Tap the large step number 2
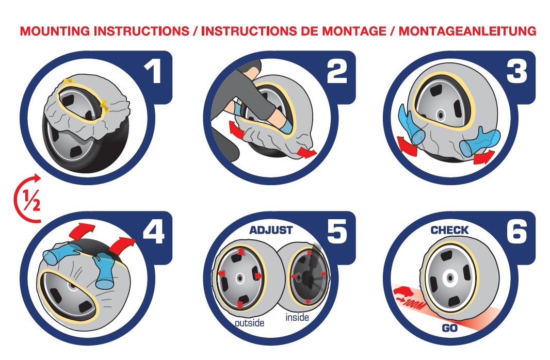coord(337,71)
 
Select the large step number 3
coord(517,71)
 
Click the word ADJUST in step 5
coord(271,230)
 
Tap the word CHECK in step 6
coord(449,230)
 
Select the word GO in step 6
coord(449,328)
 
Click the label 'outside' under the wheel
coord(249,322)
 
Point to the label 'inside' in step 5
coord(297,317)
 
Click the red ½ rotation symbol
coord(28,199)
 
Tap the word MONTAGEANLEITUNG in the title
coord(467,31)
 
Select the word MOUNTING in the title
coord(55,31)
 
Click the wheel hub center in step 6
coord(449,277)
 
